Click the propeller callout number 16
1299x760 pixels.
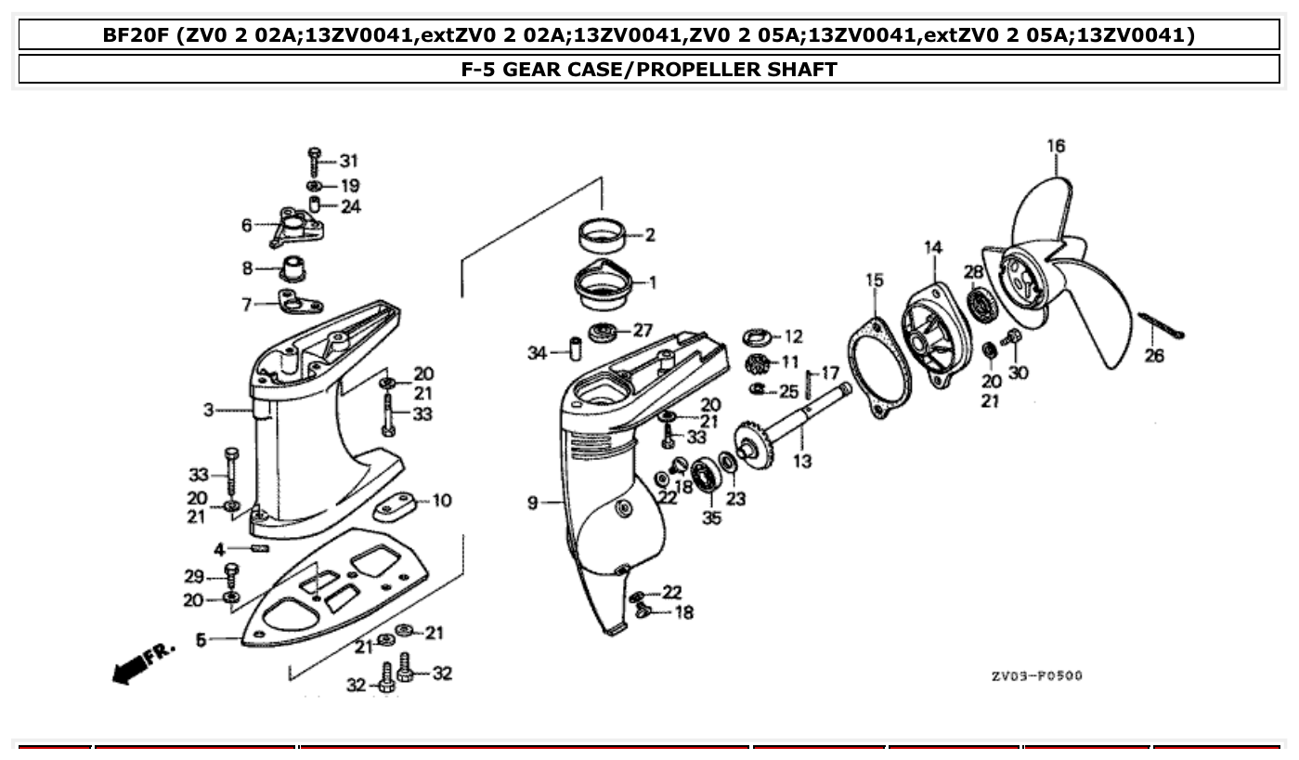(x=1056, y=146)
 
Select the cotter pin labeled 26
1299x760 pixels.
(x=1160, y=327)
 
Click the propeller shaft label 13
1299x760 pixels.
(x=802, y=461)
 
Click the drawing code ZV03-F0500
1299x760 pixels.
(x=1036, y=675)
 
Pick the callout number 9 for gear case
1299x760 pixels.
(x=533, y=504)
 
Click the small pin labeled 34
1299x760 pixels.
(x=574, y=352)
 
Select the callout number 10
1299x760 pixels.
(x=442, y=501)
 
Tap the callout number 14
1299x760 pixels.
(x=932, y=247)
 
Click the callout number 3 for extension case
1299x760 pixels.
(x=208, y=409)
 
